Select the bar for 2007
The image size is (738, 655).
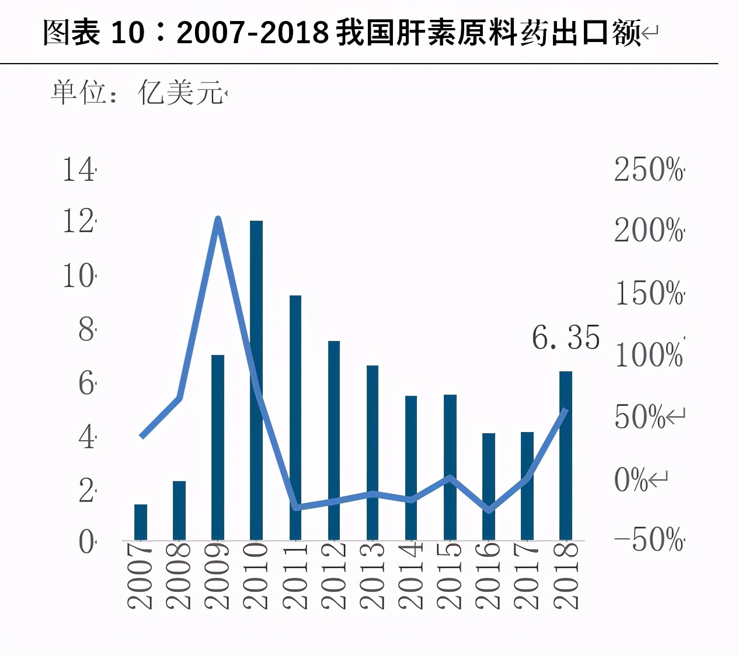[141, 522]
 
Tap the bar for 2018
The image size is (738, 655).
[566, 455]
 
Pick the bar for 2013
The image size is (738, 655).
[373, 452]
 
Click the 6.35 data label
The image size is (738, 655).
[565, 337]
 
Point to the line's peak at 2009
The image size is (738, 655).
[218, 220]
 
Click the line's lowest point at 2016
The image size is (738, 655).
[489, 510]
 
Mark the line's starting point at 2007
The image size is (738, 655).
[142, 435]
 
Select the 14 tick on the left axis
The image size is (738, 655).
[78, 170]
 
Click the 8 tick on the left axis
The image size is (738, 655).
[86, 330]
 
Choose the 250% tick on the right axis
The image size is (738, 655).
[648, 170]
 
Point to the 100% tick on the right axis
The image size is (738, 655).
[648, 354]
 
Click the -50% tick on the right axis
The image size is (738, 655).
[648, 539]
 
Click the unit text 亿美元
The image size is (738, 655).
[180, 93]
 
